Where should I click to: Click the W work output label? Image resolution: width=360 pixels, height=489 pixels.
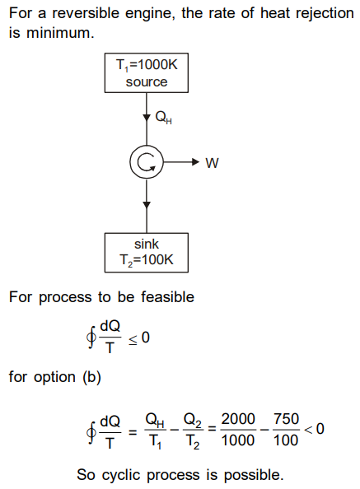point(213,163)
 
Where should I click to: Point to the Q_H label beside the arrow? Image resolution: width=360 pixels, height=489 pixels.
point(163,118)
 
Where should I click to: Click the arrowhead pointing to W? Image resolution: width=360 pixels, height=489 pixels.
point(195,162)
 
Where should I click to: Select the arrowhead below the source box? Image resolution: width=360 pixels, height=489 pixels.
point(147,118)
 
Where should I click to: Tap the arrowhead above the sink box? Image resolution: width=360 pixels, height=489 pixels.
point(147,205)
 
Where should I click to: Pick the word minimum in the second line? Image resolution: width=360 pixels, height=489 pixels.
point(60,33)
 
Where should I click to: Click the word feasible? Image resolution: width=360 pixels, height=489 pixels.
point(167,296)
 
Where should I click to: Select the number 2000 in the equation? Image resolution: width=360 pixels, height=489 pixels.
point(238,419)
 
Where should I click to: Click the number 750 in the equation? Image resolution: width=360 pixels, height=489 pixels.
point(286,419)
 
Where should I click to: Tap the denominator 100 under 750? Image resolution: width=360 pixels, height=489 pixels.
point(286,440)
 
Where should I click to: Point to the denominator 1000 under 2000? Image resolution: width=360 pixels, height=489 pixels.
point(238,440)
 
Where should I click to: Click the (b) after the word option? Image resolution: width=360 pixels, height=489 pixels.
point(92,377)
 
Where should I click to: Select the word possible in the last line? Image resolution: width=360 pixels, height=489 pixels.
point(254,475)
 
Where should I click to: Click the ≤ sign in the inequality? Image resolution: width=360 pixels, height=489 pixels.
point(133,339)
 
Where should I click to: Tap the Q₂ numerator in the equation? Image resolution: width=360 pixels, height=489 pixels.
point(193,420)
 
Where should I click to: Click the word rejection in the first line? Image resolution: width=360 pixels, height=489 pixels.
point(325,14)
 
